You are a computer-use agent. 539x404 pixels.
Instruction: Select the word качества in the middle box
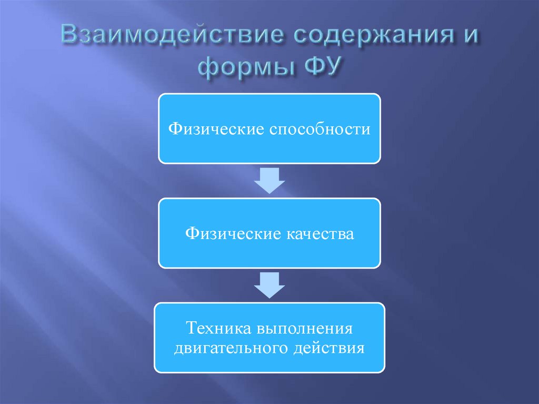[x=320, y=233]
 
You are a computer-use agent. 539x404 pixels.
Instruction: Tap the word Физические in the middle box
[x=232, y=233]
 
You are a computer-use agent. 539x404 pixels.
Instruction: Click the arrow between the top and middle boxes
[x=269, y=181]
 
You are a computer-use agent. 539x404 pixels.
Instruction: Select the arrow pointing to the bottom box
[x=269, y=285]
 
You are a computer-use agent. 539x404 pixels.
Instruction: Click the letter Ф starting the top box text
[x=172, y=129]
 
